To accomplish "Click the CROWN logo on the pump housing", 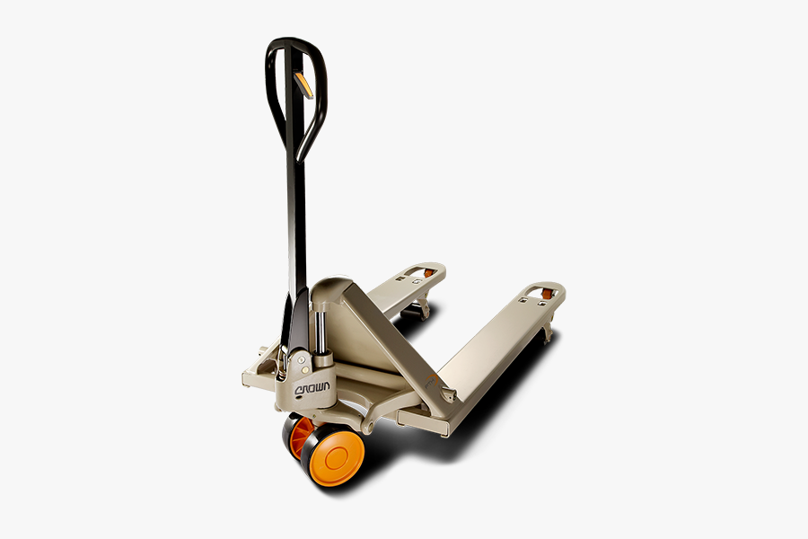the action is point(312,388).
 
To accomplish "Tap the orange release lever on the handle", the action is point(303,85).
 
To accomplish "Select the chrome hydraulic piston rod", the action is point(321,329).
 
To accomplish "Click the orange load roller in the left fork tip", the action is point(428,273).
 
